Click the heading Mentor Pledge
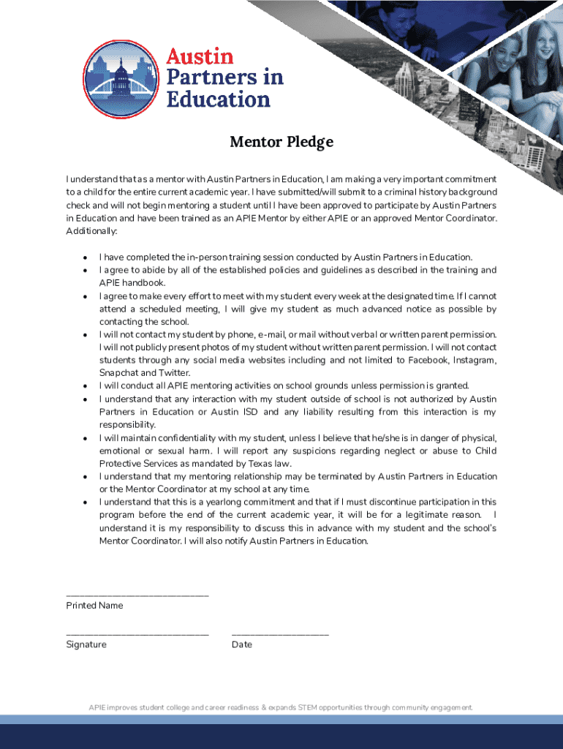pyautogui.click(x=281, y=142)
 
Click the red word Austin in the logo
pyautogui.click(x=200, y=56)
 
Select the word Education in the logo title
pyautogui.click(x=219, y=99)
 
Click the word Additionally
pyautogui.click(x=91, y=231)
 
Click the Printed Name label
pyautogui.click(x=94, y=606)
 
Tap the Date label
pyautogui.click(x=242, y=644)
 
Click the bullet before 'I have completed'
pyautogui.click(x=86, y=257)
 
